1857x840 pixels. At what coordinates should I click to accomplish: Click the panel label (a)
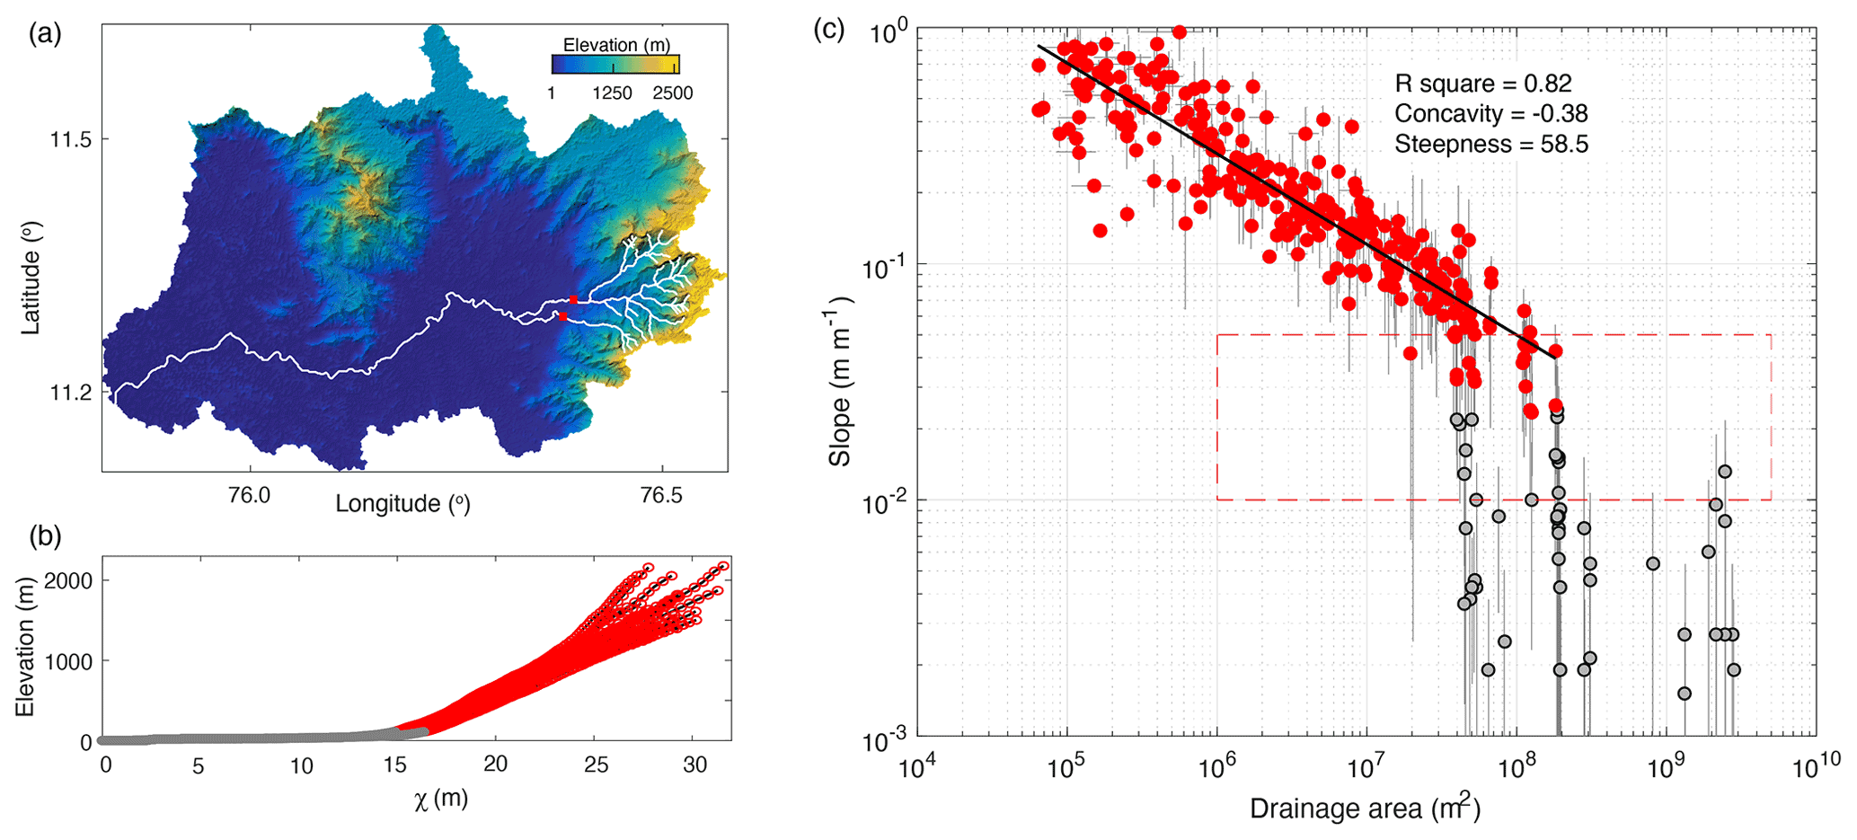[x=44, y=35]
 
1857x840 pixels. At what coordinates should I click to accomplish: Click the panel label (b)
[x=44, y=536]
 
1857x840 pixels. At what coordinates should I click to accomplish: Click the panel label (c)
[x=828, y=30]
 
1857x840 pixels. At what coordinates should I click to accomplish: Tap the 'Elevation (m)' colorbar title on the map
[x=615, y=45]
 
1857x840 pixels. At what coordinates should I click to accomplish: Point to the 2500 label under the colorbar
[x=672, y=93]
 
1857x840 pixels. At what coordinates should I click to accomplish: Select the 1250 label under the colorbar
[x=612, y=93]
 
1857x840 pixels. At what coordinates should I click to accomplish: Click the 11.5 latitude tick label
[x=71, y=139]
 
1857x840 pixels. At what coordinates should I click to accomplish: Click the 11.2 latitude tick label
[x=71, y=393]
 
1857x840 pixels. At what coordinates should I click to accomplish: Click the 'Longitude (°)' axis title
[x=402, y=504]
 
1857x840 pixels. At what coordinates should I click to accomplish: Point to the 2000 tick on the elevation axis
[x=68, y=581]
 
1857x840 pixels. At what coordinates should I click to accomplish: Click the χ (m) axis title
[x=441, y=799]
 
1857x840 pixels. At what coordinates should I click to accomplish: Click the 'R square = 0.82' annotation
[x=1482, y=84]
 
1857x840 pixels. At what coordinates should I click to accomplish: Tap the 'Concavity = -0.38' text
[x=1490, y=114]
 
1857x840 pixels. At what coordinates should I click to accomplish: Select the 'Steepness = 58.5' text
[x=1490, y=144]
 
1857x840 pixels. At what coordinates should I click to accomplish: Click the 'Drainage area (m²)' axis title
[x=1364, y=809]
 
